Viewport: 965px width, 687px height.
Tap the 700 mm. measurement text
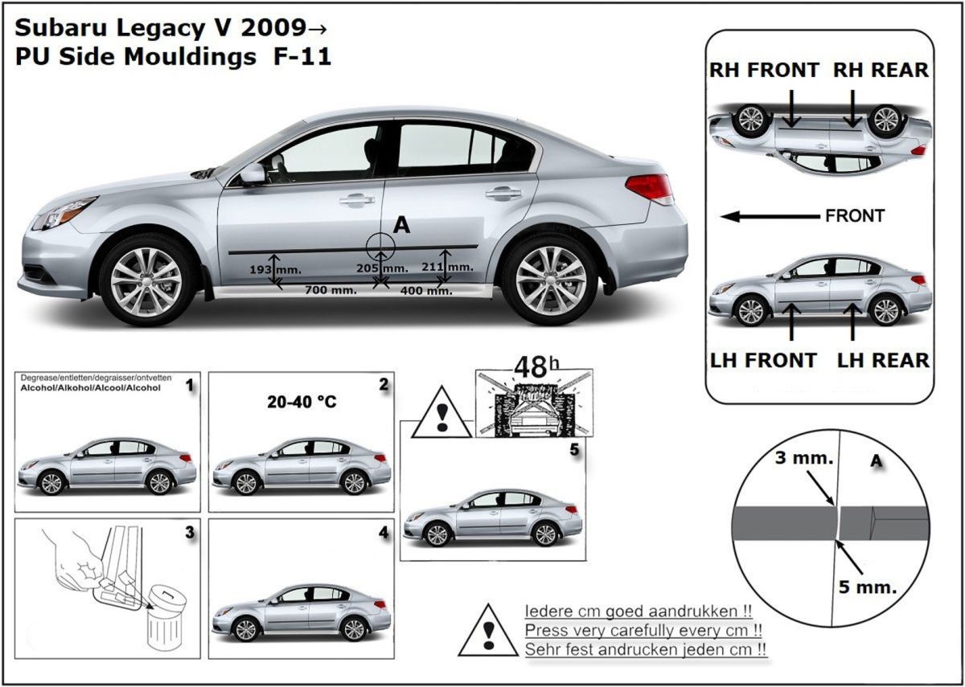point(330,289)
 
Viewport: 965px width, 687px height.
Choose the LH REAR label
point(883,359)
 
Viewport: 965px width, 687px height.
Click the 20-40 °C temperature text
point(302,402)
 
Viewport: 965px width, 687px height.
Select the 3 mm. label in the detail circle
point(805,460)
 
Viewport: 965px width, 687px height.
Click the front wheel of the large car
point(146,281)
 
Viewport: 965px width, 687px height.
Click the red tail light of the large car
point(649,187)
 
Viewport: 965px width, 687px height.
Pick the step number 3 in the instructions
point(190,532)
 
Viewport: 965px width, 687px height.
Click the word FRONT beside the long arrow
point(855,215)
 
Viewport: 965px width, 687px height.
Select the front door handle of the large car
point(356,199)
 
